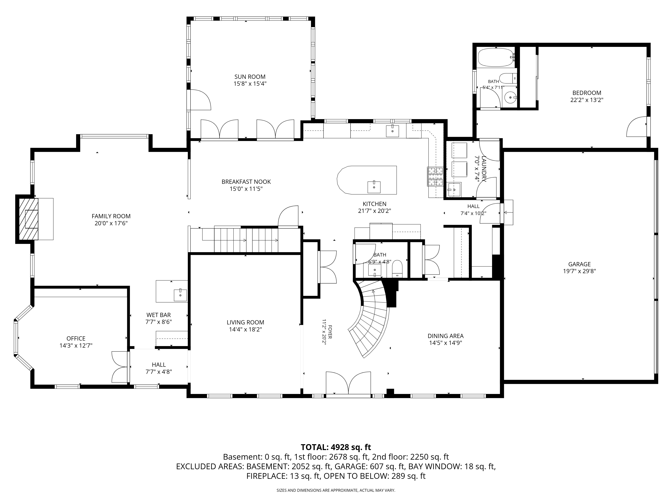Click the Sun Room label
tap(250, 77)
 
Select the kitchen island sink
tap(374, 187)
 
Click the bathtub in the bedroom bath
tap(496, 57)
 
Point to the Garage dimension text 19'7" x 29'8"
tap(579, 271)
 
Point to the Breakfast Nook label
tap(246, 182)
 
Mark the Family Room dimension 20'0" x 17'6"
tap(111, 223)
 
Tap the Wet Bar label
tap(159, 315)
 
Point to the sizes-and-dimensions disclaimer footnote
tap(336, 490)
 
